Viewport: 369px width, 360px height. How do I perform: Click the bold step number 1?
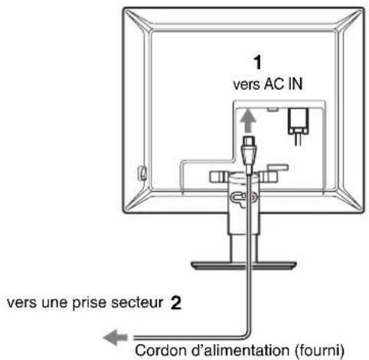tap(258, 63)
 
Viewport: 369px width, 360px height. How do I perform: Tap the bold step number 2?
tap(176, 303)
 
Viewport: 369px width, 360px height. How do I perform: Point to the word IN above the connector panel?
tap(296, 83)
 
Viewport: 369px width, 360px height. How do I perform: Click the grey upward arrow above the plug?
tap(247, 123)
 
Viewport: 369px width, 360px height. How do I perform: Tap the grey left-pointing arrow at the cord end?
tap(116, 337)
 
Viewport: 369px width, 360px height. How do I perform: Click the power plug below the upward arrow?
tap(248, 154)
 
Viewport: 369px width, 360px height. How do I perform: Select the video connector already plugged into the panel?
tap(298, 124)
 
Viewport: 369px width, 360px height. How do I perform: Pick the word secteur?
tap(137, 303)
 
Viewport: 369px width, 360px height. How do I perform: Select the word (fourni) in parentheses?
tap(319, 350)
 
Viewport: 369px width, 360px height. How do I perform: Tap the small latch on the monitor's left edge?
tap(142, 172)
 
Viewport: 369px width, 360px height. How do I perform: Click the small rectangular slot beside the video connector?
tap(273, 110)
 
